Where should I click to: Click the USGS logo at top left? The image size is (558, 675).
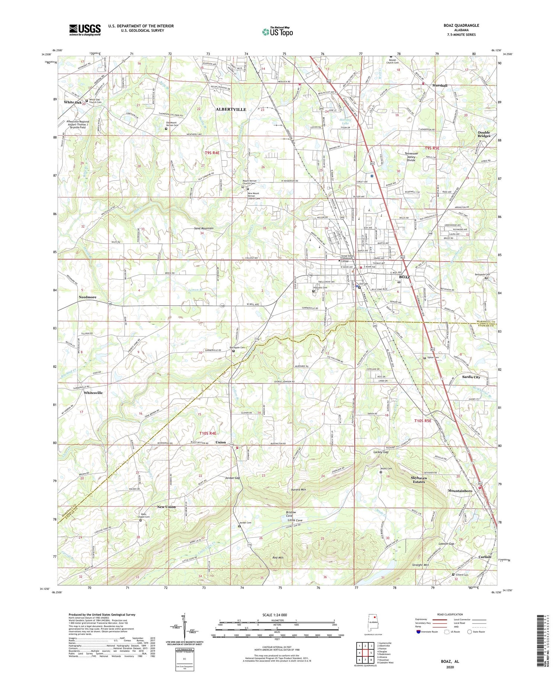point(85,30)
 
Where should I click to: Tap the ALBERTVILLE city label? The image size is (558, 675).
point(231,109)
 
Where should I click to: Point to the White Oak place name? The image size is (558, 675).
point(73,102)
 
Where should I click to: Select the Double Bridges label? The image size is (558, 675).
point(484,134)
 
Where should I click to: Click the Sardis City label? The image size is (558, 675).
point(471,377)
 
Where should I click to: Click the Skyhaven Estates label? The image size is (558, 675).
point(418,480)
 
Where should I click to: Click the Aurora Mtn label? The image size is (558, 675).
point(298,490)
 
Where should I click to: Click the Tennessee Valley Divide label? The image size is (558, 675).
point(411,157)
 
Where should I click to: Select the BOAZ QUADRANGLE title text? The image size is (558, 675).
point(461,25)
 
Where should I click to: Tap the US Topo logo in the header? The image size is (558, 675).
point(277,32)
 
